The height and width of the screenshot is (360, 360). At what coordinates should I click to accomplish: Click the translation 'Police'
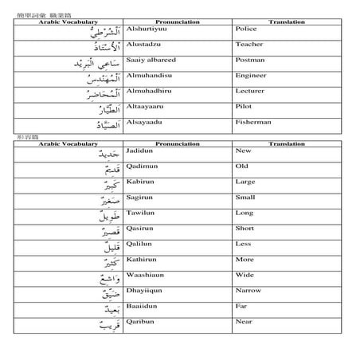[245, 29]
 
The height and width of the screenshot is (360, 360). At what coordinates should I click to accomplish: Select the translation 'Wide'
[244, 275]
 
